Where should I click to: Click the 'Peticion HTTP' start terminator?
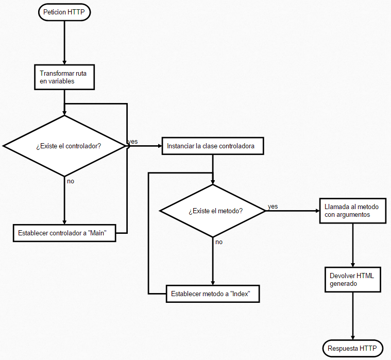point(64,12)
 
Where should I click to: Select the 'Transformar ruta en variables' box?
point(64,77)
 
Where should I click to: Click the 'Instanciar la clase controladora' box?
point(213,146)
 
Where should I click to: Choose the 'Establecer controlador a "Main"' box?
point(64,233)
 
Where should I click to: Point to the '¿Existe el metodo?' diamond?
point(213,211)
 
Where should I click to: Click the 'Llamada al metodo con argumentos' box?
point(352,211)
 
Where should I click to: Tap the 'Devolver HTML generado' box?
point(352,280)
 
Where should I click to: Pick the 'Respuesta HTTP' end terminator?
point(353,348)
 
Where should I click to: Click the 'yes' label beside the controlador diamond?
point(133,141)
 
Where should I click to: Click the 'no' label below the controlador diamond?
point(71,181)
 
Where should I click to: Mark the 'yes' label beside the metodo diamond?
point(273,207)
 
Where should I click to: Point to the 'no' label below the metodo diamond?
point(219,242)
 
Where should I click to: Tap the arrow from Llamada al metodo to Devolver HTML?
point(352,245)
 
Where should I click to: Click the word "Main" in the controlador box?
point(97,233)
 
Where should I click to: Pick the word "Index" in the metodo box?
point(241,294)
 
